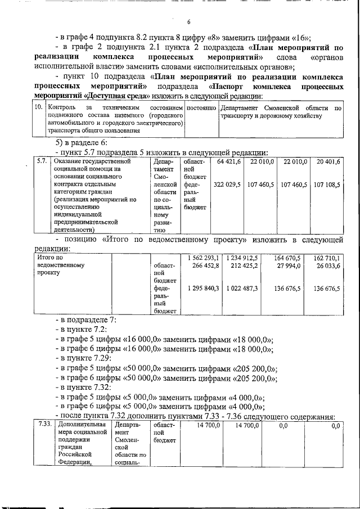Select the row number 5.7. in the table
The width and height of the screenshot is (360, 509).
pos(41,161)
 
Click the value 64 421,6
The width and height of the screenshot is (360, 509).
pos(228,161)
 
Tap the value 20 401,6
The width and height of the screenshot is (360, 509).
pos(328,161)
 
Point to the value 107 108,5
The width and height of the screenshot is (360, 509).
pos(327,184)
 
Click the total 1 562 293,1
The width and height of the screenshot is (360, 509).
pos(203,258)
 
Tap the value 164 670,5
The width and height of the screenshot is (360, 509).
pos(287,258)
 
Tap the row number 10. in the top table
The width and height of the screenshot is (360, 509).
pos(38,107)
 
